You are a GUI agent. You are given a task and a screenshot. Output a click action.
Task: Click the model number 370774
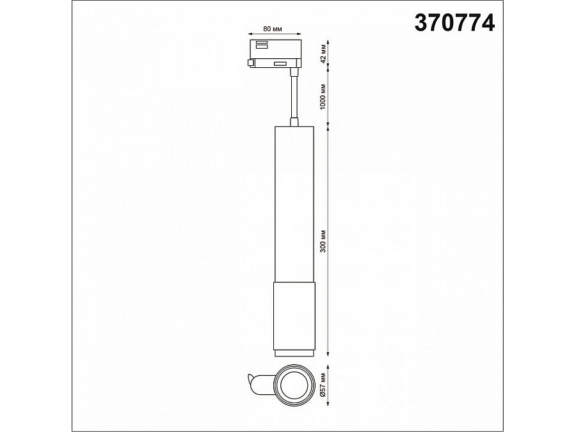(x=454, y=23)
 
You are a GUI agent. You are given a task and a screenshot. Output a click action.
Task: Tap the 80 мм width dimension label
(x=273, y=29)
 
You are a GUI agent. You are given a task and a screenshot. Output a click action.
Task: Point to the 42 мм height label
(x=323, y=54)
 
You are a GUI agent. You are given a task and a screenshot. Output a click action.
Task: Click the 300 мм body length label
(x=323, y=242)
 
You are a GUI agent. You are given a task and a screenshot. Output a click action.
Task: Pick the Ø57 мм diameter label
(x=323, y=384)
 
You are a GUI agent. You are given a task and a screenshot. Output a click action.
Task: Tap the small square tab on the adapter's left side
(x=251, y=63)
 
